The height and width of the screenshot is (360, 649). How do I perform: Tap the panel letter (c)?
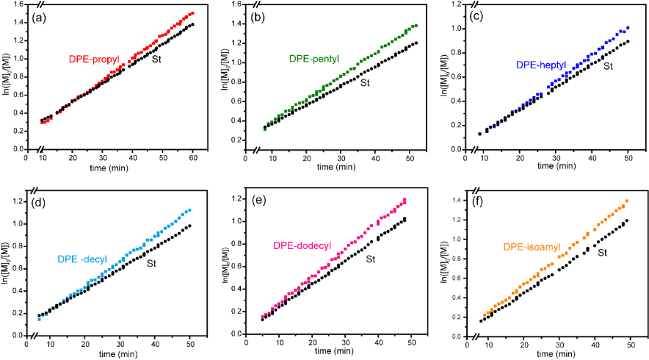click(475, 18)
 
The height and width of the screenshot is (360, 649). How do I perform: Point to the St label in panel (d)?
click(152, 263)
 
